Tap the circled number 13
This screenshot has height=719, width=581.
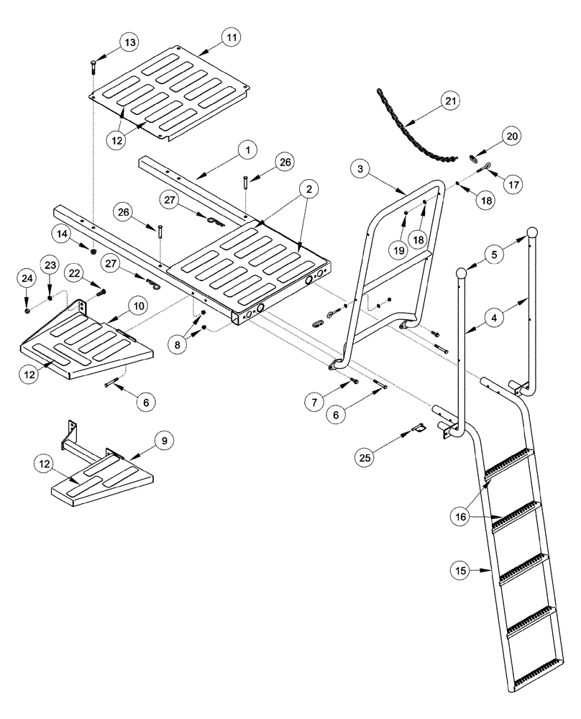tap(129, 43)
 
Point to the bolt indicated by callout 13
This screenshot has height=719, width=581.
tap(94, 68)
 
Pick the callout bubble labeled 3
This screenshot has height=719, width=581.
tap(361, 169)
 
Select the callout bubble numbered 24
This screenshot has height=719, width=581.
tap(26, 278)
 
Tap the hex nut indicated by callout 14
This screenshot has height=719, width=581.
tap(93, 249)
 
